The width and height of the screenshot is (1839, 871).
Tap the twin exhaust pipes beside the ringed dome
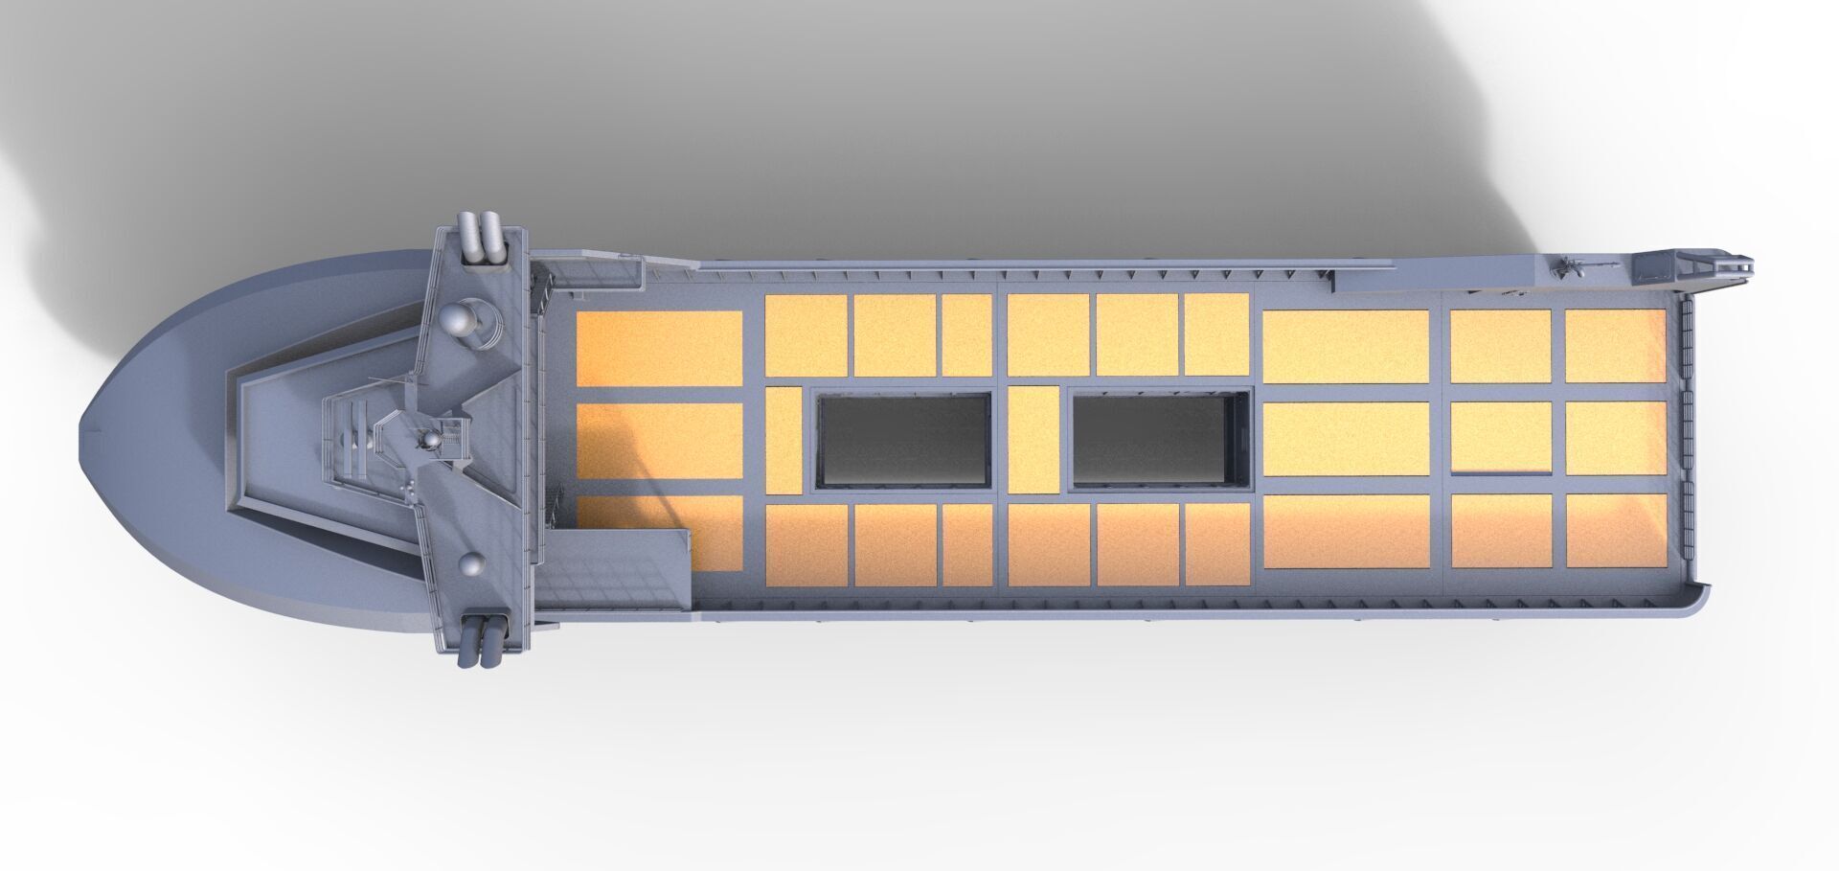482,238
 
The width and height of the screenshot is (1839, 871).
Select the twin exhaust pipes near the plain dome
483,639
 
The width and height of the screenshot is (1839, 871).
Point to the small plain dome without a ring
471,565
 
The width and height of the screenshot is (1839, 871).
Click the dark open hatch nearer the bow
903,441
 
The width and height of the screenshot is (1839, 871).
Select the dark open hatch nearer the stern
1159,439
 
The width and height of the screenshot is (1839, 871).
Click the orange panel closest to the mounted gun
1615,346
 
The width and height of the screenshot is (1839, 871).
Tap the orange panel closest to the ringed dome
659,348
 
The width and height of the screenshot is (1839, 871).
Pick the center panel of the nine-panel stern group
1501,437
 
